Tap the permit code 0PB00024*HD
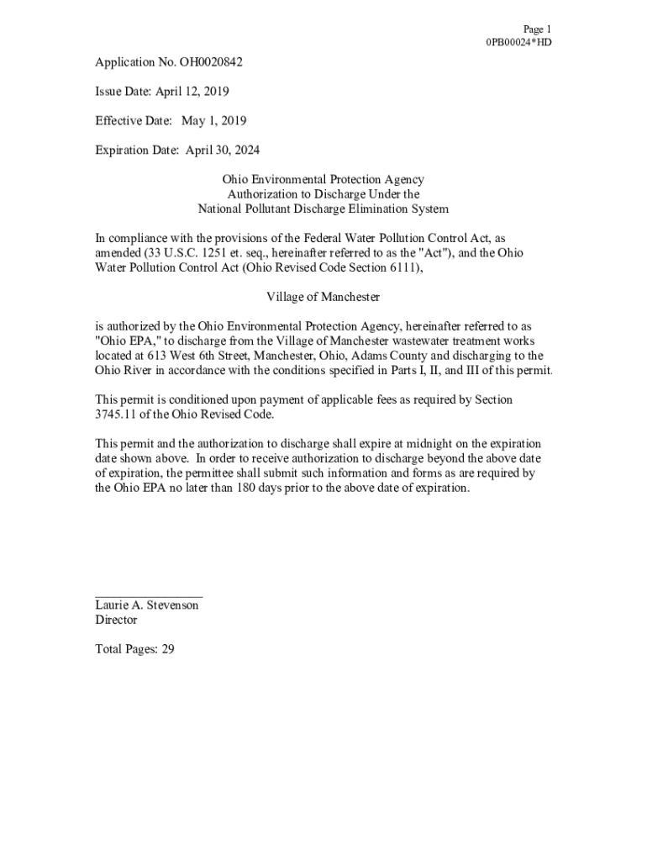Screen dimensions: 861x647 click(x=518, y=42)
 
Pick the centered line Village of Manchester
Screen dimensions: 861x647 click(x=323, y=297)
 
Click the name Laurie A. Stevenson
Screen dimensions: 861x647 click(x=147, y=605)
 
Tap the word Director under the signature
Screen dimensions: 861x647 click(x=116, y=620)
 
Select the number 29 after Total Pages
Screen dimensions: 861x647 click(x=167, y=649)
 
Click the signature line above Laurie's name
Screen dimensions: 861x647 click(x=149, y=595)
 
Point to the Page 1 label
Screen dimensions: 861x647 click(x=537, y=29)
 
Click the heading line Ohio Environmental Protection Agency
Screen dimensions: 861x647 click(x=323, y=179)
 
